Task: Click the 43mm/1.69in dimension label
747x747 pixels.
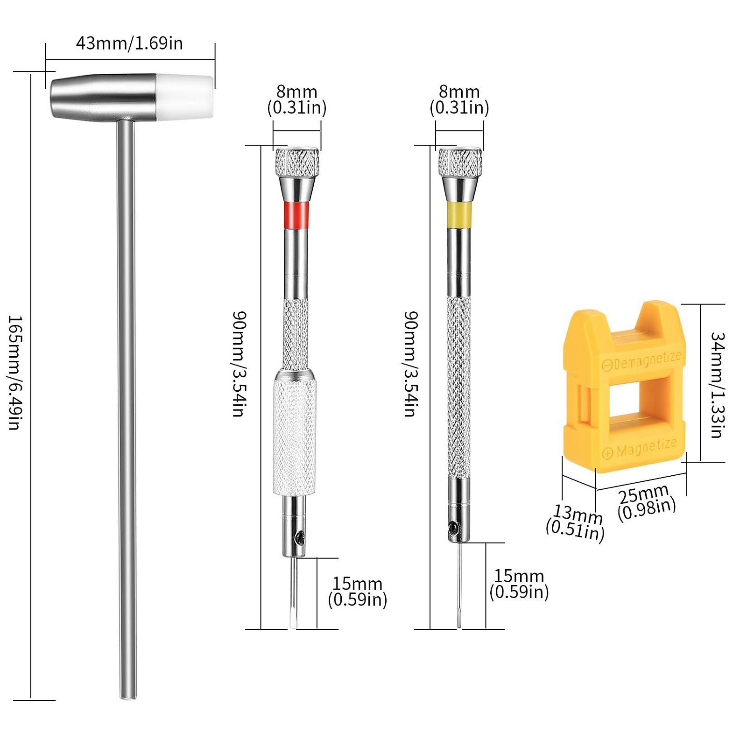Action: point(129,43)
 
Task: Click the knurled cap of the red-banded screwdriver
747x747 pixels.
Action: point(297,162)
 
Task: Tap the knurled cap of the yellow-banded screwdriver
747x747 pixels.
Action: point(460,162)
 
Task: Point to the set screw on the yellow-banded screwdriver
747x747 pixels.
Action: point(453,527)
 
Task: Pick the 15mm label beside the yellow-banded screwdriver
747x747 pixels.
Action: point(519,584)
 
